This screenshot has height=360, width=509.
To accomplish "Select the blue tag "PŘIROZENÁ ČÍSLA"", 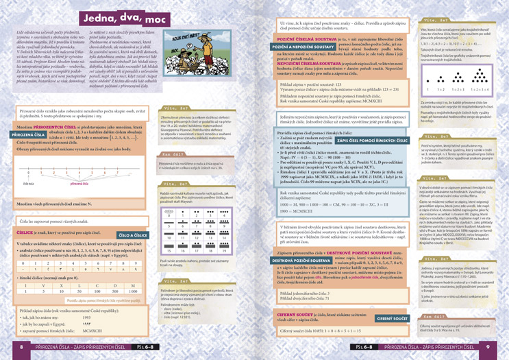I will click(x=27, y=135).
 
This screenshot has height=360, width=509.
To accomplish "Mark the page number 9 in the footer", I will click(x=487, y=347).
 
